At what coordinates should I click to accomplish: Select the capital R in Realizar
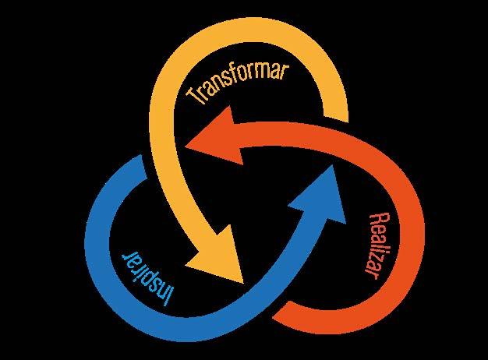point(373,218)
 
